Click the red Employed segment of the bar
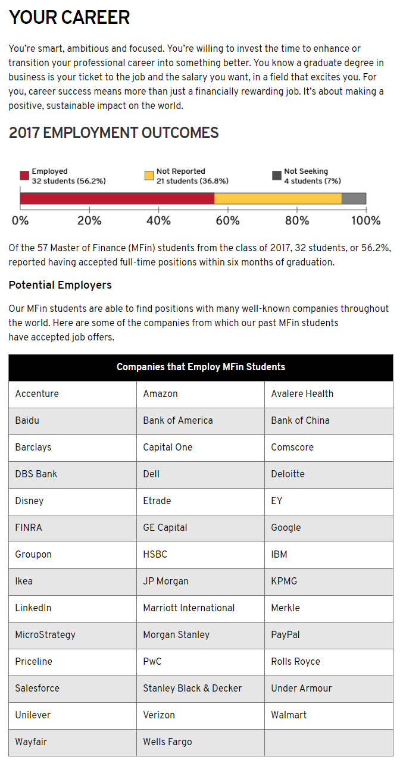click(117, 199)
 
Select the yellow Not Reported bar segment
click(278, 199)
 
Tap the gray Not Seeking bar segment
click(354, 199)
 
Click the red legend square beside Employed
click(24, 176)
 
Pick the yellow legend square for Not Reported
click(149, 176)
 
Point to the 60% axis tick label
click(227, 221)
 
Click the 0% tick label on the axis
click(20, 221)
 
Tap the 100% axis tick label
click(365, 221)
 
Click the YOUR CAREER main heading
click(69, 18)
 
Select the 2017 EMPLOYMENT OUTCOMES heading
click(114, 133)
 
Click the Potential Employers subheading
click(60, 285)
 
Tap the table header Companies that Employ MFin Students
click(201, 367)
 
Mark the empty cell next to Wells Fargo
click(329, 742)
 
